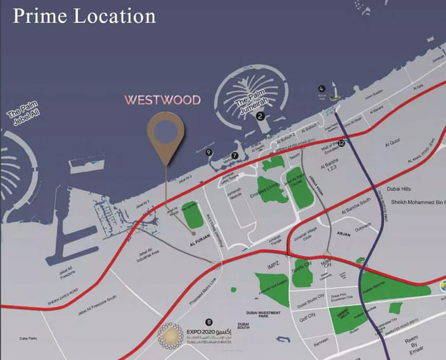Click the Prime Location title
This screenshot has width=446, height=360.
click(x=84, y=15)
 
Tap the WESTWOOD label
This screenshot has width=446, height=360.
click(x=162, y=100)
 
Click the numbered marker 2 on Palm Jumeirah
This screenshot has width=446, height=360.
click(x=260, y=116)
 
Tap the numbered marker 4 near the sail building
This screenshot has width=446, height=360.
click(x=321, y=88)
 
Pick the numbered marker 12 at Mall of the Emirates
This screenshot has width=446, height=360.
click(x=341, y=143)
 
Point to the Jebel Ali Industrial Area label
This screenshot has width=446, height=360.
click(x=145, y=254)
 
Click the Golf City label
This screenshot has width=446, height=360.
click(x=307, y=315)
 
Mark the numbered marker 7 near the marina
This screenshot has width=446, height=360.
click(x=235, y=156)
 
